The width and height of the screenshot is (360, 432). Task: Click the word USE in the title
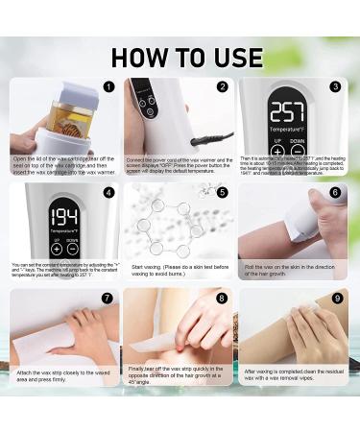[x=231, y=57]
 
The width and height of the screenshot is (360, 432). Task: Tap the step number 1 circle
[x=108, y=86]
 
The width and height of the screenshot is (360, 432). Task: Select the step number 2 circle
[x=223, y=86]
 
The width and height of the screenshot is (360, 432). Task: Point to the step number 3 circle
[x=335, y=86]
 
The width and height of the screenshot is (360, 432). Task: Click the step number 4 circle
[x=108, y=192]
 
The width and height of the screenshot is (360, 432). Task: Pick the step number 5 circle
[x=223, y=192]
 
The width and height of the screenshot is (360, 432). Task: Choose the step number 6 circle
[x=335, y=192]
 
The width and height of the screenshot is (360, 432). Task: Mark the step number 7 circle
[x=108, y=298]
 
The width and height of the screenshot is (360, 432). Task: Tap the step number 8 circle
[x=223, y=298]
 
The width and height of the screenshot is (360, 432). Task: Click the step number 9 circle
[x=335, y=298]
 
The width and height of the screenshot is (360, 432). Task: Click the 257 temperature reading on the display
[x=286, y=112]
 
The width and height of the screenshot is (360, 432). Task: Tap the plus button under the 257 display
[x=277, y=151]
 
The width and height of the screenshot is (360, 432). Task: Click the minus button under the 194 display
[x=73, y=249]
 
